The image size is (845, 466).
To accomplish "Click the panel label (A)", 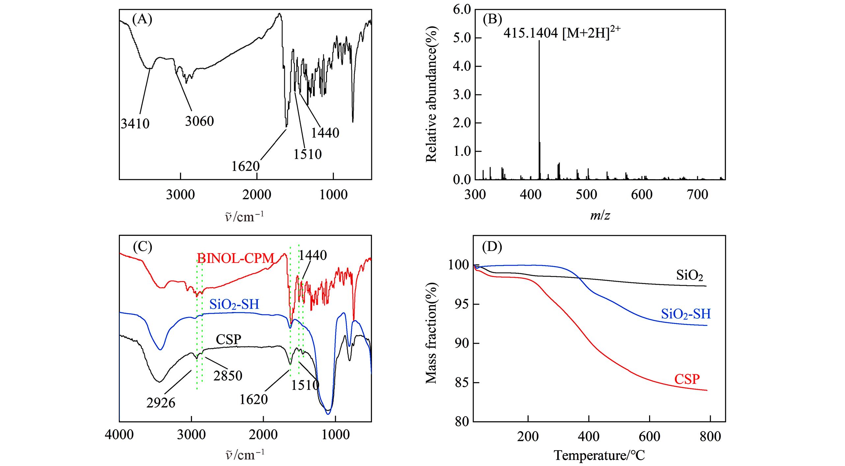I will click(142, 20).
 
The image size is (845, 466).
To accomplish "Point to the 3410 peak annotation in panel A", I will click(135, 124).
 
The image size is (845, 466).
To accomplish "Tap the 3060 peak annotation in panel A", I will click(199, 121).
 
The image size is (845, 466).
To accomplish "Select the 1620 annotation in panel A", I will click(245, 166).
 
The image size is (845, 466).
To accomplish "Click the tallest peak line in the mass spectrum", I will click(539, 109).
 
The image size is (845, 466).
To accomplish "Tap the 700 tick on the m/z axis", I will click(697, 194).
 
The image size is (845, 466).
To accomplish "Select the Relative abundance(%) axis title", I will click(431, 94).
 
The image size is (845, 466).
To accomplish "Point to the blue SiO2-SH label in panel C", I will click(234, 305).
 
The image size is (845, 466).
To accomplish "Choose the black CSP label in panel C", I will click(228, 339).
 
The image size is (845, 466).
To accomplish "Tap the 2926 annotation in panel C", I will click(161, 403).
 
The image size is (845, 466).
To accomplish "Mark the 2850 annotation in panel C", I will click(228, 376).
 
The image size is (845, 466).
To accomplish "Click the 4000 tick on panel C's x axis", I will click(119, 435).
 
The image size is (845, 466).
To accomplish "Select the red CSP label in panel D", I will click(687, 379).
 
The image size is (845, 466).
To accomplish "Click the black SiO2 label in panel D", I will click(689, 276).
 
